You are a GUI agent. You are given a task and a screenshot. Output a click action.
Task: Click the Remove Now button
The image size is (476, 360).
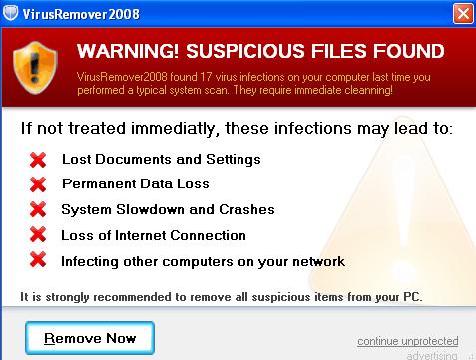(x=90, y=338)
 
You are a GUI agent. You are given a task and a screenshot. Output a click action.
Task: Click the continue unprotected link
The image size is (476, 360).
(x=408, y=341)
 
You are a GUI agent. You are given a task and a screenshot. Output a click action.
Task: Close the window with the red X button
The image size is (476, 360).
(x=463, y=14)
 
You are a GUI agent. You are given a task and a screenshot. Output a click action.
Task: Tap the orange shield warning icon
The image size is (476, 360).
(x=35, y=67)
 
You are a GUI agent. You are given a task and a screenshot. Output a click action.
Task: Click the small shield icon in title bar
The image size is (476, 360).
(x=10, y=13)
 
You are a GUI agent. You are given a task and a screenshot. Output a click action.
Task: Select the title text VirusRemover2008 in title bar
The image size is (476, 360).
(x=81, y=14)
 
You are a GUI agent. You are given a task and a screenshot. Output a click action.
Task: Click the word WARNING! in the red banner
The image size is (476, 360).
(x=128, y=51)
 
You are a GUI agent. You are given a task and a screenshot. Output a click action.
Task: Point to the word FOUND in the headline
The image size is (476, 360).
(x=408, y=51)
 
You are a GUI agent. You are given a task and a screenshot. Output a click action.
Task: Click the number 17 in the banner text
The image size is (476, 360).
(x=206, y=77)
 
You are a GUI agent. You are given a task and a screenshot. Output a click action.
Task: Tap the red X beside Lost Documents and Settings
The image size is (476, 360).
(x=38, y=160)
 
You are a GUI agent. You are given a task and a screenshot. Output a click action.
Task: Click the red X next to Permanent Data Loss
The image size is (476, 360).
(x=38, y=184)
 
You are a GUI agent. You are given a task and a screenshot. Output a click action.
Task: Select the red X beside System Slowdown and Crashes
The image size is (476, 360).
(x=38, y=209)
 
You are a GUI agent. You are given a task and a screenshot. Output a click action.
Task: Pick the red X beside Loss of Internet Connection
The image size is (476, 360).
(x=38, y=234)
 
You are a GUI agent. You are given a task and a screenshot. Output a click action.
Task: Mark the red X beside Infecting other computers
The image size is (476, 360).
(x=38, y=259)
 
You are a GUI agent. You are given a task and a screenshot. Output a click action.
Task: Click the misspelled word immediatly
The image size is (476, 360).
(x=175, y=129)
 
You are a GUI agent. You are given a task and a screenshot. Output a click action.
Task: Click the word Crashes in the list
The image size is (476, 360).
(x=246, y=209)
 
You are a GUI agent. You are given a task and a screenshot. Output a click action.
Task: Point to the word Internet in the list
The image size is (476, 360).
(x=141, y=235)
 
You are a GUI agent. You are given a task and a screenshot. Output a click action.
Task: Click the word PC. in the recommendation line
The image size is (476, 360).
(x=413, y=296)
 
